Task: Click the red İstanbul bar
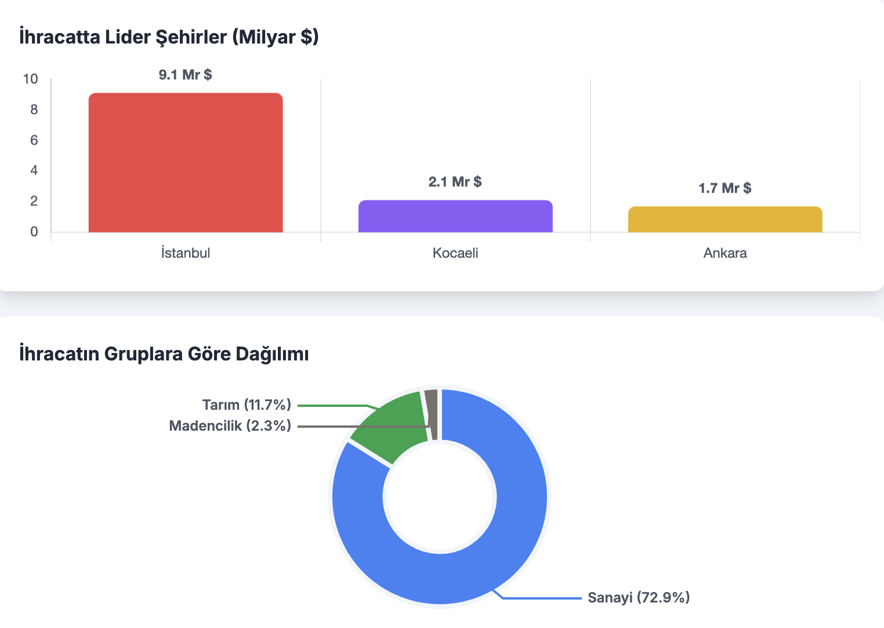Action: tap(186, 163)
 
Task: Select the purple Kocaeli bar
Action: tap(455, 216)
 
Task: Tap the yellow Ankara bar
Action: tap(725, 219)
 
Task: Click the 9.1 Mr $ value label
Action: tap(186, 75)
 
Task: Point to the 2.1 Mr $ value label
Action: tap(455, 182)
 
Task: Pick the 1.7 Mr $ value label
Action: tap(725, 188)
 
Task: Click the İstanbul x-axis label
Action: tap(186, 253)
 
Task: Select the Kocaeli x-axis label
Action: tap(455, 253)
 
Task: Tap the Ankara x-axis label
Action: tap(725, 253)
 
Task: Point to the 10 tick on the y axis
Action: tap(31, 79)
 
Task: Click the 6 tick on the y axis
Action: tap(34, 140)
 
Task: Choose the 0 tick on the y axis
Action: tap(34, 232)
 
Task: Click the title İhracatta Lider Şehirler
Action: tap(169, 37)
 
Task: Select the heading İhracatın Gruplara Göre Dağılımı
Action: tap(164, 353)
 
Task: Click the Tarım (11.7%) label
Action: tap(247, 405)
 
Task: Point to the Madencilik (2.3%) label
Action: tap(230, 426)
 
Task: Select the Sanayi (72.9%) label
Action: tap(639, 597)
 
